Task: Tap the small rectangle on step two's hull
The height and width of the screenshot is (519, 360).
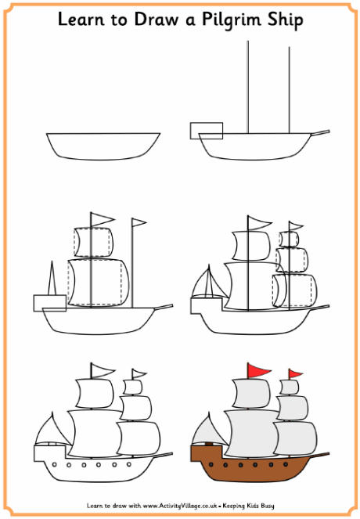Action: (x=207, y=130)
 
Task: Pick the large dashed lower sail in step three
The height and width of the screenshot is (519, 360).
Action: (x=97, y=283)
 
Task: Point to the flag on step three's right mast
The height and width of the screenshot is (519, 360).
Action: (x=139, y=224)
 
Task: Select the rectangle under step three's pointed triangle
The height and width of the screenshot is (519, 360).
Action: (x=49, y=302)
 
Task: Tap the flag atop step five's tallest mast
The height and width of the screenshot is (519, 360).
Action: (x=101, y=369)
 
